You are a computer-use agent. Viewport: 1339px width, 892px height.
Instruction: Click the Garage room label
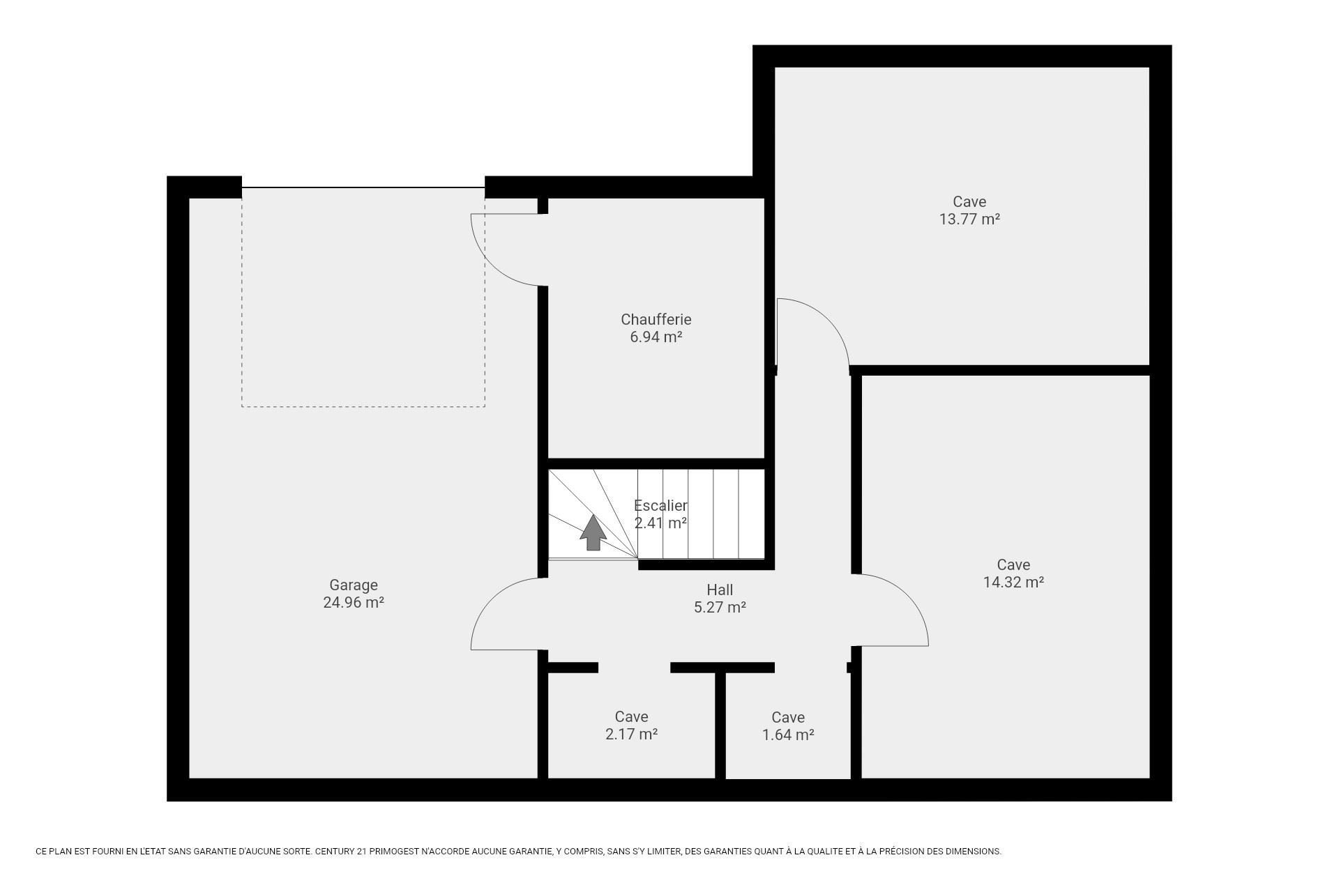click(354, 585)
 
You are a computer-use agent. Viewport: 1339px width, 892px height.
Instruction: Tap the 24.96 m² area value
click(354, 603)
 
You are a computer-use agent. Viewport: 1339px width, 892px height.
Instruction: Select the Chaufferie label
click(656, 320)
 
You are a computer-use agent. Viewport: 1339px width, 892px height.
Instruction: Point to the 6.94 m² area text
click(656, 337)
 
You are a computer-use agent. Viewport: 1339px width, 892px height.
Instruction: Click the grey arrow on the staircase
click(593, 532)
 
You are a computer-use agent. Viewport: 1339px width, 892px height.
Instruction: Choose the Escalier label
click(660, 506)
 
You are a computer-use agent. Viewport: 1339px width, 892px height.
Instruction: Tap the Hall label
click(720, 590)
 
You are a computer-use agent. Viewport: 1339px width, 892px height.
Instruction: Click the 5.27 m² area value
click(720, 608)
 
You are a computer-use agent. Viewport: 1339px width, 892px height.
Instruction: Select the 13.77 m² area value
click(969, 220)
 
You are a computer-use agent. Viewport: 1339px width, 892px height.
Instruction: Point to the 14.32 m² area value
click(1013, 583)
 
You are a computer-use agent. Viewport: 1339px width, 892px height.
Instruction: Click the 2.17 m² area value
click(632, 735)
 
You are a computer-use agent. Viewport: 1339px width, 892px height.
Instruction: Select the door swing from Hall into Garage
click(492, 599)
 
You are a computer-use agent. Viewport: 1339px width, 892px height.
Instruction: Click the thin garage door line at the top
click(363, 187)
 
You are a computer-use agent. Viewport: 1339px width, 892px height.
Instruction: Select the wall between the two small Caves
click(720, 725)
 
